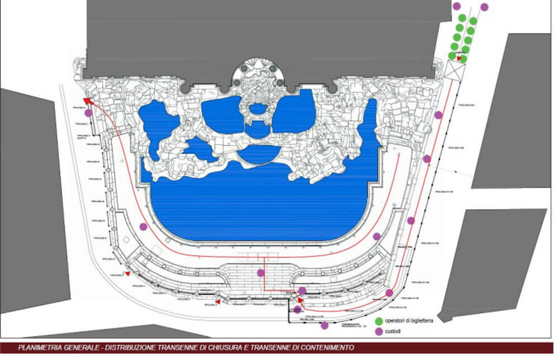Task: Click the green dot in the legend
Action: point(378,321)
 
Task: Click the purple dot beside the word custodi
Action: point(378,331)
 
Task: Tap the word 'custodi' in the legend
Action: point(396,331)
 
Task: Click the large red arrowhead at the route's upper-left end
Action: point(87,100)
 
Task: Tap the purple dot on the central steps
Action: point(260,273)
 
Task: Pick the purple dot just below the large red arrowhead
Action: point(88,113)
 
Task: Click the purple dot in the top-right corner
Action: point(484,7)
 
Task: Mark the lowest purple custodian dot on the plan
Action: point(324,325)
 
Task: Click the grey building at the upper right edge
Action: point(514,112)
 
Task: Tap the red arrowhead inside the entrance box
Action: point(458,58)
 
